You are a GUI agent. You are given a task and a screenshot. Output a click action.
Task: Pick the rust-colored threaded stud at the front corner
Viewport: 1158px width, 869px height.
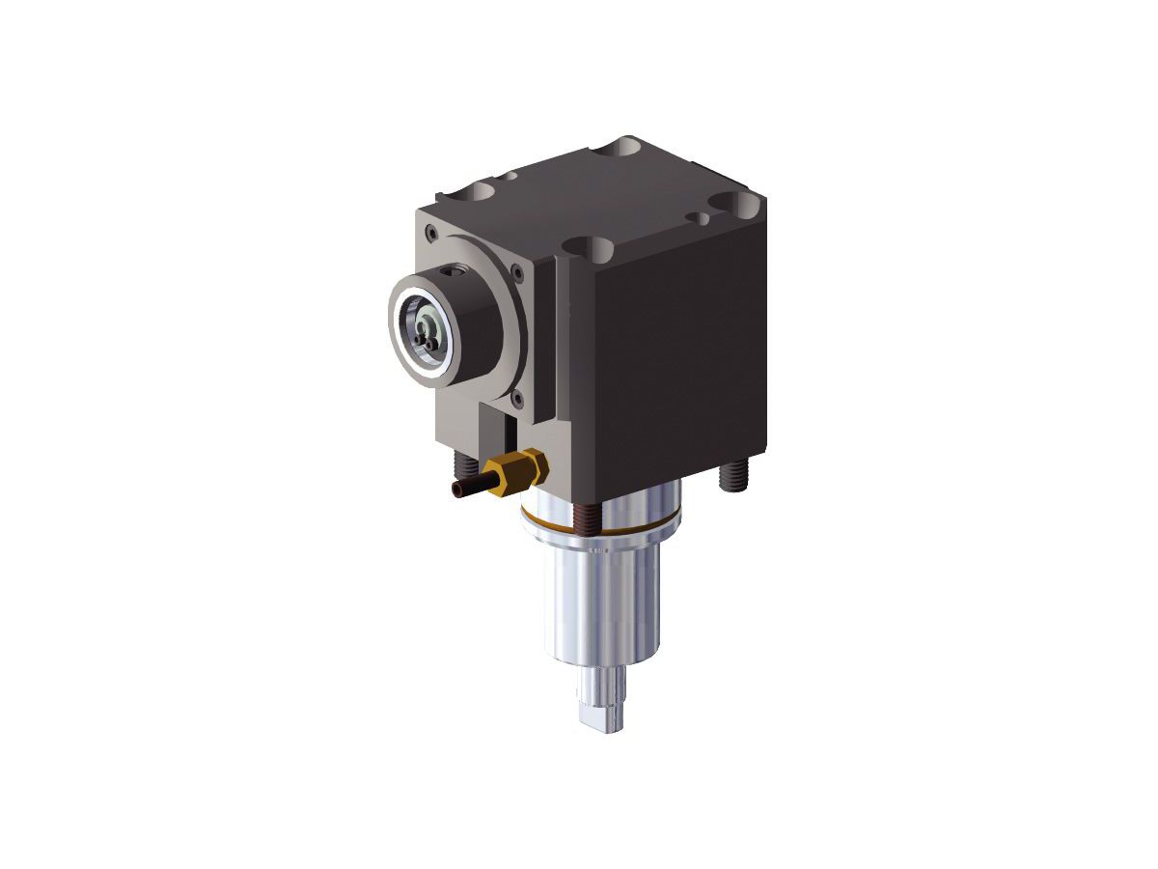(585, 520)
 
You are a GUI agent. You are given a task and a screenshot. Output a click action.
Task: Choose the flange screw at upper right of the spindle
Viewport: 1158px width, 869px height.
(518, 271)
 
